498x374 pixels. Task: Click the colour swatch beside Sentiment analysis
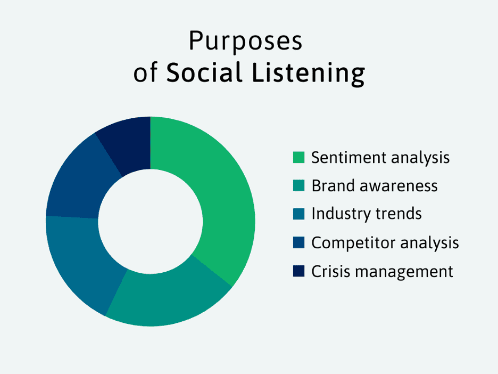298,158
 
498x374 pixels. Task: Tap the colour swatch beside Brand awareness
298,186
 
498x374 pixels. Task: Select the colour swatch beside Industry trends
298,214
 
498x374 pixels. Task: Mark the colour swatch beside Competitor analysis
298,243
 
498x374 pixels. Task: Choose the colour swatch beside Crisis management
298,271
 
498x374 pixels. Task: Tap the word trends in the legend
399,214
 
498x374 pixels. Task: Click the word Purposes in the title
245,42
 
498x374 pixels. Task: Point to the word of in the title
145,74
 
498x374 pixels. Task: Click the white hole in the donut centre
151,222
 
